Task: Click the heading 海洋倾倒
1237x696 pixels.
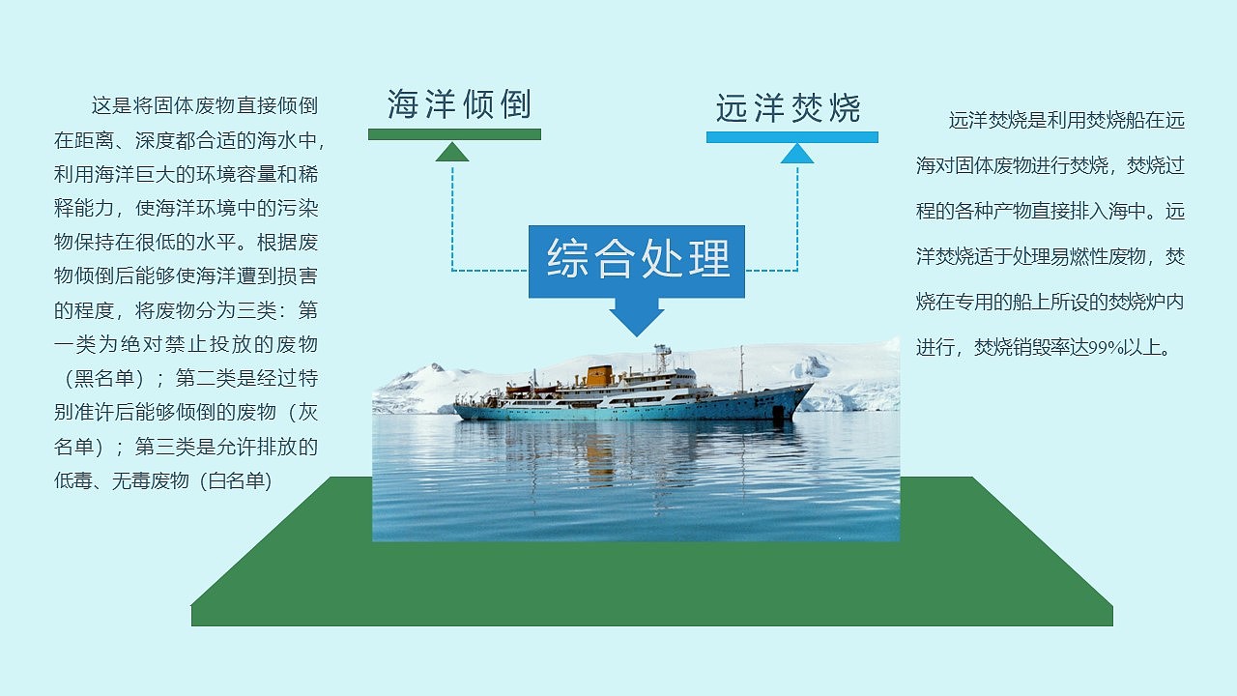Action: point(459,104)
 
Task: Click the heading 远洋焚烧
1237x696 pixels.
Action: point(788,108)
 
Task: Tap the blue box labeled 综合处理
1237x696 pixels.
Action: point(637,259)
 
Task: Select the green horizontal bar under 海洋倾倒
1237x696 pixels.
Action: point(454,134)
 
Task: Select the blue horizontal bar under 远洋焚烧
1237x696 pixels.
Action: point(791,137)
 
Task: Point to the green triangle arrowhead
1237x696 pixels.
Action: point(452,152)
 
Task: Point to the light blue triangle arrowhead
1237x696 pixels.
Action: point(797,154)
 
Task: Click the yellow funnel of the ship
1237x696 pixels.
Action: point(600,375)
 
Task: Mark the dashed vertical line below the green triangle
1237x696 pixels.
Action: point(452,217)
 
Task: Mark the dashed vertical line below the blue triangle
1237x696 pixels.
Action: point(797,217)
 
